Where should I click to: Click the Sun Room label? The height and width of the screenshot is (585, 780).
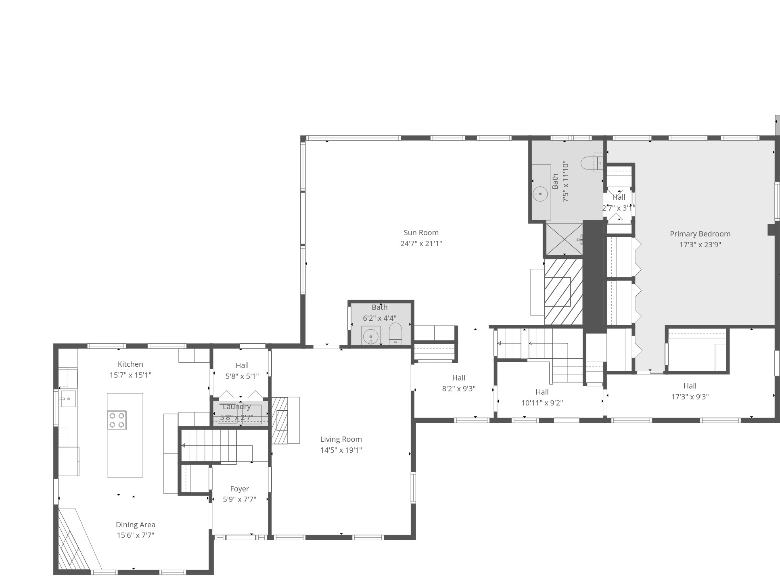421,233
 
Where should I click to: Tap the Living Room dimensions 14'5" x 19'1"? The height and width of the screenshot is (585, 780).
341,450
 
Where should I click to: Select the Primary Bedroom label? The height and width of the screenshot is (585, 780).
700,234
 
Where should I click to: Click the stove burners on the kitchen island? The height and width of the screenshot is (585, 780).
117,420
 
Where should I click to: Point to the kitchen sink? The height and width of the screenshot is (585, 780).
68,399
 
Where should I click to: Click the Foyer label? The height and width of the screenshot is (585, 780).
239,489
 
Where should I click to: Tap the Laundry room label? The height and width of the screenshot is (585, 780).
236,407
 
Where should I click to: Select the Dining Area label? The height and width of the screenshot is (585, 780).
136,525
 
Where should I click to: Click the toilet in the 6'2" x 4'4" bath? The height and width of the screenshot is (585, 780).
395,334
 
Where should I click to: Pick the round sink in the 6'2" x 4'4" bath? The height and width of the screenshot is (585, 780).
371,336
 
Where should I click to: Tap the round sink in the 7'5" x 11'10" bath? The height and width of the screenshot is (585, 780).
540,194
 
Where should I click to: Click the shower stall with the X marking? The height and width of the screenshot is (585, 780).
565,239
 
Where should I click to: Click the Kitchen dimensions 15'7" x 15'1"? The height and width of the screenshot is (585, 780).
130,375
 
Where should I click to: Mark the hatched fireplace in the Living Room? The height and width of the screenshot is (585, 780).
280,420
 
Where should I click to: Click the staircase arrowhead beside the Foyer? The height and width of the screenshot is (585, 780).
183,446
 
